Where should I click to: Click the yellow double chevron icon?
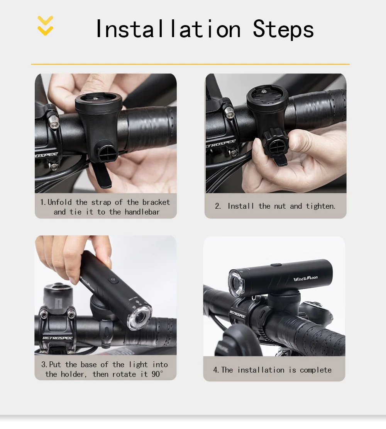coord(45,26)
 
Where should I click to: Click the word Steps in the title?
coord(283,29)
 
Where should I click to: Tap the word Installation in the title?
coord(168,29)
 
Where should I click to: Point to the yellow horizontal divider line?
coord(190,64)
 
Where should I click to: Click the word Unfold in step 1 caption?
coord(59,202)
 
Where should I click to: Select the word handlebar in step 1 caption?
coord(142,212)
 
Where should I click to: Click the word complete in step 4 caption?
coord(315,370)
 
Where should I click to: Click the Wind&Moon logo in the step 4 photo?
coord(305,279)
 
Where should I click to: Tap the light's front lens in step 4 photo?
coord(236,283)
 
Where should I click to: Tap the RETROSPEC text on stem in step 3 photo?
coord(58,338)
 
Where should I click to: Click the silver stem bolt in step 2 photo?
coord(229,113)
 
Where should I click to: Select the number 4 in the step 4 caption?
coord(215,370)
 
